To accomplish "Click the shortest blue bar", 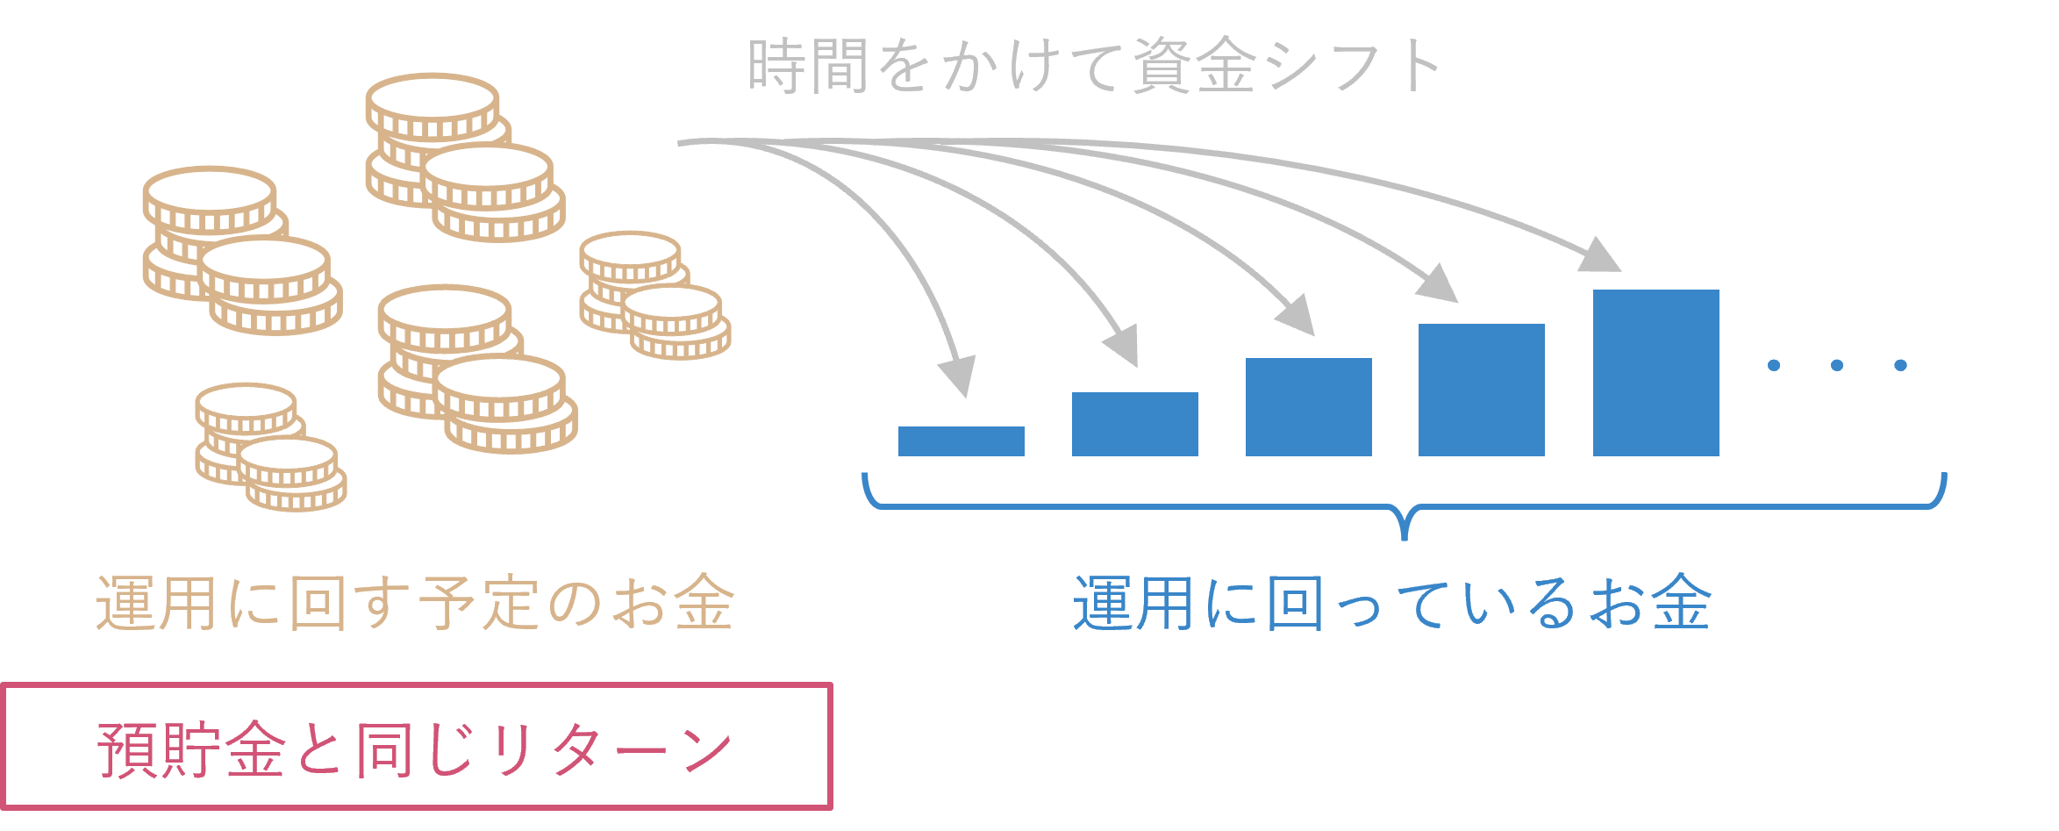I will point(961,441).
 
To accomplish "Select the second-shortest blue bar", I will point(1134,424).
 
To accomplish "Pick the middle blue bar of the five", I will point(1308,407).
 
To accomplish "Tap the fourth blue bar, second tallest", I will point(1481,390).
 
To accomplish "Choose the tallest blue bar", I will point(1655,373).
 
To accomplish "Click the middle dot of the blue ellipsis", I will point(1837,365).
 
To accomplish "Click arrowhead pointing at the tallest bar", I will point(1601,255).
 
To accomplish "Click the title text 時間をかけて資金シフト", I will point(1093,67).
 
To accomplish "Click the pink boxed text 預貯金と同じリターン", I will point(416,748).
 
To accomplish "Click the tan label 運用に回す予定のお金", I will point(414,604).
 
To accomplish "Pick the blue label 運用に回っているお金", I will point(1391,604).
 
